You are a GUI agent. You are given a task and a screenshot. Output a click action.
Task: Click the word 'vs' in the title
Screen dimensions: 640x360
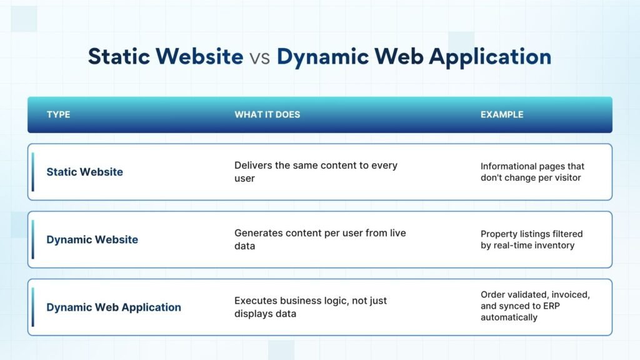(259, 57)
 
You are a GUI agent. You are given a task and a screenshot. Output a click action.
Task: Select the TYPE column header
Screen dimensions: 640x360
(58, 115)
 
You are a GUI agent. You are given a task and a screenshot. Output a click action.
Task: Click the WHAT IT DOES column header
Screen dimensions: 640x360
(267, 115)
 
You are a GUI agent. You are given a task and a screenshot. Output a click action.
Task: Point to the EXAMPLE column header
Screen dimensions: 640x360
(502, 115)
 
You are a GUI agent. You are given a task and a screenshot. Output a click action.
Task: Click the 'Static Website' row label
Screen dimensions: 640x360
(84, 172)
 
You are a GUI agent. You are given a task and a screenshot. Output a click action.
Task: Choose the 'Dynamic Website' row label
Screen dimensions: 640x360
(92, 239)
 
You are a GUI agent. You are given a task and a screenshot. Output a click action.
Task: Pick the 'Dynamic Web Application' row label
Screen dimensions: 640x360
(114, 307)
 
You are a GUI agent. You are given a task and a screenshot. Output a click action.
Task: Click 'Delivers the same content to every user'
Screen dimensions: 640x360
(316, 172)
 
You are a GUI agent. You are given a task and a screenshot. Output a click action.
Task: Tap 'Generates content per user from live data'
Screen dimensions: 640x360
(321, 239)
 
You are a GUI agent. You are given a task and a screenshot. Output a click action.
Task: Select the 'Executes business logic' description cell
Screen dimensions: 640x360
(311, 307)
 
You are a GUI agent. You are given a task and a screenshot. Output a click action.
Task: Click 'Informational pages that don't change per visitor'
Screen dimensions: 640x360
(532, 172)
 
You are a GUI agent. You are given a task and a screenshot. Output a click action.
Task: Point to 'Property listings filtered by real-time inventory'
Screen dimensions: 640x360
(531, 239)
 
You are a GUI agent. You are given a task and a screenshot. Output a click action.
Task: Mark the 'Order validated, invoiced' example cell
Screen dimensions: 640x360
(535, 306)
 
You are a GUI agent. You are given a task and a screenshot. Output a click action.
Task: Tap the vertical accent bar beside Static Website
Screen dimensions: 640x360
(32, 172)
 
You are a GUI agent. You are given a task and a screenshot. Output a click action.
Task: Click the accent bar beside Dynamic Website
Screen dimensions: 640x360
(32, 239)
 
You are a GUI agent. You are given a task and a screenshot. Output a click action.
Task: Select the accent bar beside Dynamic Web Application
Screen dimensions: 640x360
(32, 307)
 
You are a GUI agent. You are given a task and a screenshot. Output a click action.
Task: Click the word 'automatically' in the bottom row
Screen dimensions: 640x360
(509, 317)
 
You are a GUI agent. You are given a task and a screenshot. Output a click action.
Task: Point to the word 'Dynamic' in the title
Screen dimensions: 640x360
(323, 57)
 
